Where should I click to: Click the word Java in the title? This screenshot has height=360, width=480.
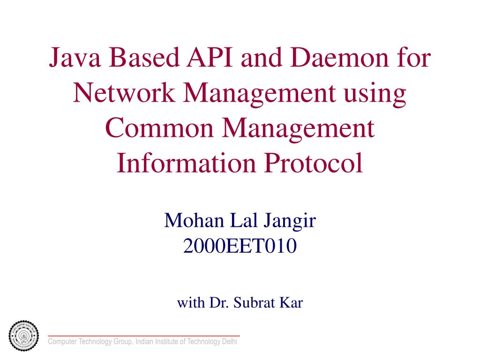(76, 59)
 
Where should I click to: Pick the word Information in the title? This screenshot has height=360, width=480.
(187, 163)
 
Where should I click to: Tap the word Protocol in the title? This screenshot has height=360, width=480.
(314, 163)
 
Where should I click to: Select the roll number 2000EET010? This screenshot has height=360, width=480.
(240, 246)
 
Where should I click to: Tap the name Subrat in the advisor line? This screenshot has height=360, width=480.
(254, 303)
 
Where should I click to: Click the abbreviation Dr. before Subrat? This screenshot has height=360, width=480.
(218, 303)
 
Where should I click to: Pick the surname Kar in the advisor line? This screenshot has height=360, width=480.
(291, 303)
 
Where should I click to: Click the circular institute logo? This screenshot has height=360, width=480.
(24, 336)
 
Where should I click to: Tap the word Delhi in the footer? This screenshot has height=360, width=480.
(230, 342)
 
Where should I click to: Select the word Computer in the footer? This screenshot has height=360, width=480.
(63, 342)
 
